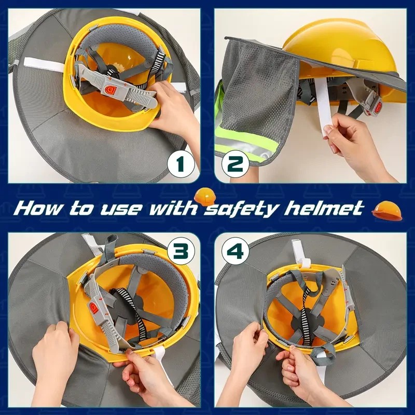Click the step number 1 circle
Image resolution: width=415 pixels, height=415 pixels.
tap(181, 164)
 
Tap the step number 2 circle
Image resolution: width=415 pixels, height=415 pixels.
tap(235, 164)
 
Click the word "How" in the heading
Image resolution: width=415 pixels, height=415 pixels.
tap(37, 209)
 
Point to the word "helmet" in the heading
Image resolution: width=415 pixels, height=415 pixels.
tap(323, 208)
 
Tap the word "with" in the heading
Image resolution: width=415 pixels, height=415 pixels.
tap(173, 208)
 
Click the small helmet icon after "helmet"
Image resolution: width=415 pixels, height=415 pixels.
tap(387, 211)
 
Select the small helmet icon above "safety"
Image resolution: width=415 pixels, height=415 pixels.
tap(204, 196)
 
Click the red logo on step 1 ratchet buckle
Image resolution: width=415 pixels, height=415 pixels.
tap(109, 89)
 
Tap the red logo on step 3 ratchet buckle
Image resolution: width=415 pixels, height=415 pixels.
tap(93, 308)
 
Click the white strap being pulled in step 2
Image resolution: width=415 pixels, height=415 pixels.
tap(322, 106)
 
